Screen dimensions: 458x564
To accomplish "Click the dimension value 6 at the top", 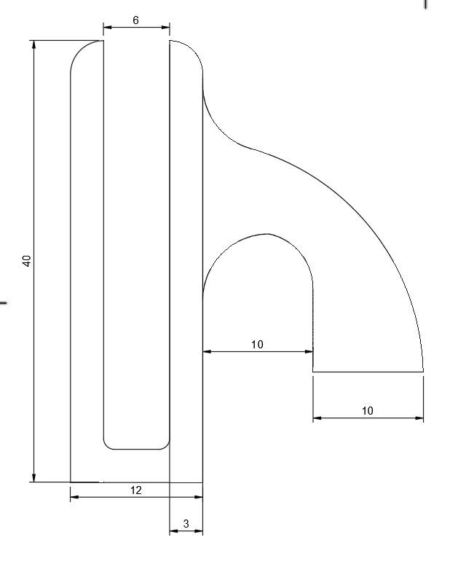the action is point(135,20).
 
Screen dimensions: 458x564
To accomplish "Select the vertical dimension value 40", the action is point(27,261).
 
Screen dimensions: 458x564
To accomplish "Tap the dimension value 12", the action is point(136,490).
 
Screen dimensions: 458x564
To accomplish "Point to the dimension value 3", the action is point(186,524).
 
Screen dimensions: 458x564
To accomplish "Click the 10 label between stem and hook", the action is point(257,345).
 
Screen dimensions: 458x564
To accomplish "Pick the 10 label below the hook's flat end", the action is point(368,411).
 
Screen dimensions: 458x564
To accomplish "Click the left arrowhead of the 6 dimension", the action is point(108,28).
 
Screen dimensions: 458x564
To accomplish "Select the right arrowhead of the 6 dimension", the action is point(165,28).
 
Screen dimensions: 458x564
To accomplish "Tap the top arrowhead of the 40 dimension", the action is point(33,44).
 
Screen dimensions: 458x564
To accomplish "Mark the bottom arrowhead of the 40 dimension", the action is point(33,478).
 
